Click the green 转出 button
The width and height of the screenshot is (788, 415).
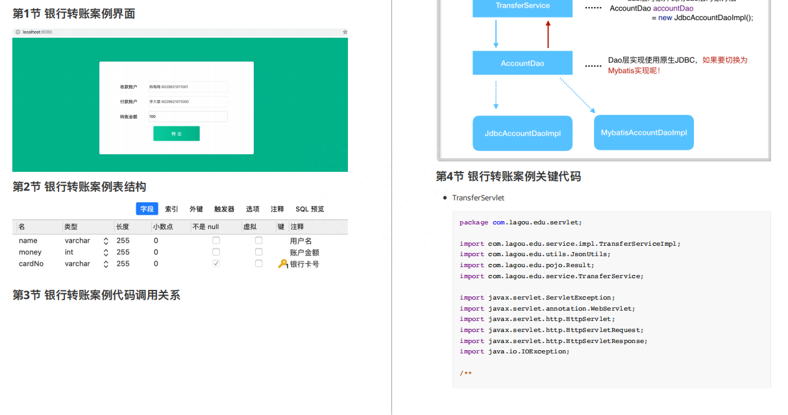(x=176, y=133)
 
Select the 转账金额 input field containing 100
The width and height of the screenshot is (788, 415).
(x=188, y=117)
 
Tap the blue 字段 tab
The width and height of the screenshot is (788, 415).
(x=147, y=209)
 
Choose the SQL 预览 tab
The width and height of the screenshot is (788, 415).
(x=310, y=209)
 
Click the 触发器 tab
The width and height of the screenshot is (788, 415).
(x=224, y=209)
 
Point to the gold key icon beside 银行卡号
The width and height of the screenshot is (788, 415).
(x=282, y=264)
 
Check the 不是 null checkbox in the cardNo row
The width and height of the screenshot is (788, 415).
(x=216, y=264)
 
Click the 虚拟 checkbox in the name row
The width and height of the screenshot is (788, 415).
(x=259, y=241)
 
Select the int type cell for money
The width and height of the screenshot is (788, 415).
(x=69, y=252)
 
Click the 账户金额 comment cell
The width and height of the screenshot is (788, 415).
(x=304, y=252)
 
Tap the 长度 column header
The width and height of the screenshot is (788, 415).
(x=123, y=227)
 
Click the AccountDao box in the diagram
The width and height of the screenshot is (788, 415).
(x=523, y=64)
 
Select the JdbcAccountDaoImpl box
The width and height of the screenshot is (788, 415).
(x=523, y=133)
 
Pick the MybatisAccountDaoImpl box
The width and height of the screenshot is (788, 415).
(x=643, y=132)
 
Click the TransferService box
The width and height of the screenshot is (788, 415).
(x=523, y=6)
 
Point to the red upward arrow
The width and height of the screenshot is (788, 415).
(x=548, y=34)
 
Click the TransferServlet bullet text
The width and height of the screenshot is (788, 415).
(x=478, y=198)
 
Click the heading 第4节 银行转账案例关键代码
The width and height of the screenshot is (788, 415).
(x=508, y=176)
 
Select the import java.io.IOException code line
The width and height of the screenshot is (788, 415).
(x=514, y=351)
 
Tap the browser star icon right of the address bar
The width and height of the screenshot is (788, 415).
(x=345, y=32)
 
